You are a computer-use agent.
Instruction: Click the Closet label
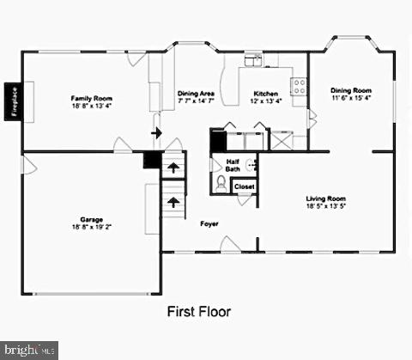click(x=244, y=186)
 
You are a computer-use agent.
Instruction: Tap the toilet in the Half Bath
click(x=221, y=183)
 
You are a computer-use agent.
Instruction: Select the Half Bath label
click(x=233, y=165)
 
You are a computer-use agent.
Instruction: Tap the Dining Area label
click(x=197, y=95)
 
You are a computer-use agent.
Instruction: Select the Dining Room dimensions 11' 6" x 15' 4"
click(x=351, y=98)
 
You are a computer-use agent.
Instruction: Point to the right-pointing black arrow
click(x=156, y=132)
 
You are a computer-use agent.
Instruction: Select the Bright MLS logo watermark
click(x=30, y=350)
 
